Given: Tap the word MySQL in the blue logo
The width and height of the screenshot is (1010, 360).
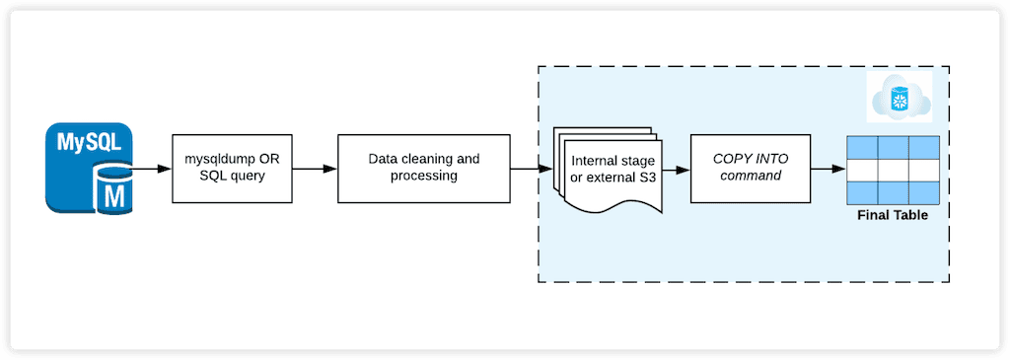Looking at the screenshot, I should (x=88, y=142).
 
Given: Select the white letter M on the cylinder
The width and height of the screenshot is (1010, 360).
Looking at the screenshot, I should (x=113, y=194).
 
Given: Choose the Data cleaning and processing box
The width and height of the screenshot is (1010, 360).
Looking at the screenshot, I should (x=423, y=169).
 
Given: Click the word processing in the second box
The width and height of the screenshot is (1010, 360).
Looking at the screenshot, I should (x=423, y=178).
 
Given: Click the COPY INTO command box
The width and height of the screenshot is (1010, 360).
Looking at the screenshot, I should (x=749, y=169).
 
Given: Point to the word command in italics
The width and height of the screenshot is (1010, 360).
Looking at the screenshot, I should (x=749, y=178).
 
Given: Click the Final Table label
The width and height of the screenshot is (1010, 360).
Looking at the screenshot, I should (x=892, y=214).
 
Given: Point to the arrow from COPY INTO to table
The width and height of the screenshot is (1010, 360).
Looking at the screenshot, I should (x=826, y=169).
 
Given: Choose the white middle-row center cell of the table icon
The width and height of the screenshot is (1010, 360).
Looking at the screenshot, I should (x=892, y=169).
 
